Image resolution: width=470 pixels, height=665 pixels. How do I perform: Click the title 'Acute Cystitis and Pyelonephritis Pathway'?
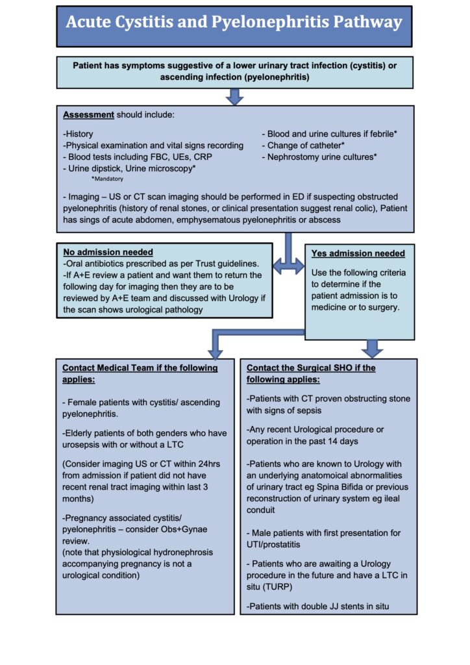[x=234, y=23]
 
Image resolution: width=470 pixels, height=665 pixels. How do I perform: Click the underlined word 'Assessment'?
[x=88, y=115]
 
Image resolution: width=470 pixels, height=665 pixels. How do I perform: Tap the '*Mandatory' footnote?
[x=108, y=179]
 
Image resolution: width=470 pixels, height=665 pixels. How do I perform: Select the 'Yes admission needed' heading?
[x=358, y=253]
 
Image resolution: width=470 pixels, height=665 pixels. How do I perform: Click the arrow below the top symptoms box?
[x=235, y=97]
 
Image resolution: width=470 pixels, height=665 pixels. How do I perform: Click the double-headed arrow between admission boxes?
[x=289, y=266]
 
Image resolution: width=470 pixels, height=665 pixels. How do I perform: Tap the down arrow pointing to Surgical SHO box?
[x=372, y=349]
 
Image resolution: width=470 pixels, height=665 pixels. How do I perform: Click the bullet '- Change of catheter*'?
[x=303, y=145]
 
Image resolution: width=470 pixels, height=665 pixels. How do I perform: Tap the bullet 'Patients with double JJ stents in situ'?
[x=321, y=607]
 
